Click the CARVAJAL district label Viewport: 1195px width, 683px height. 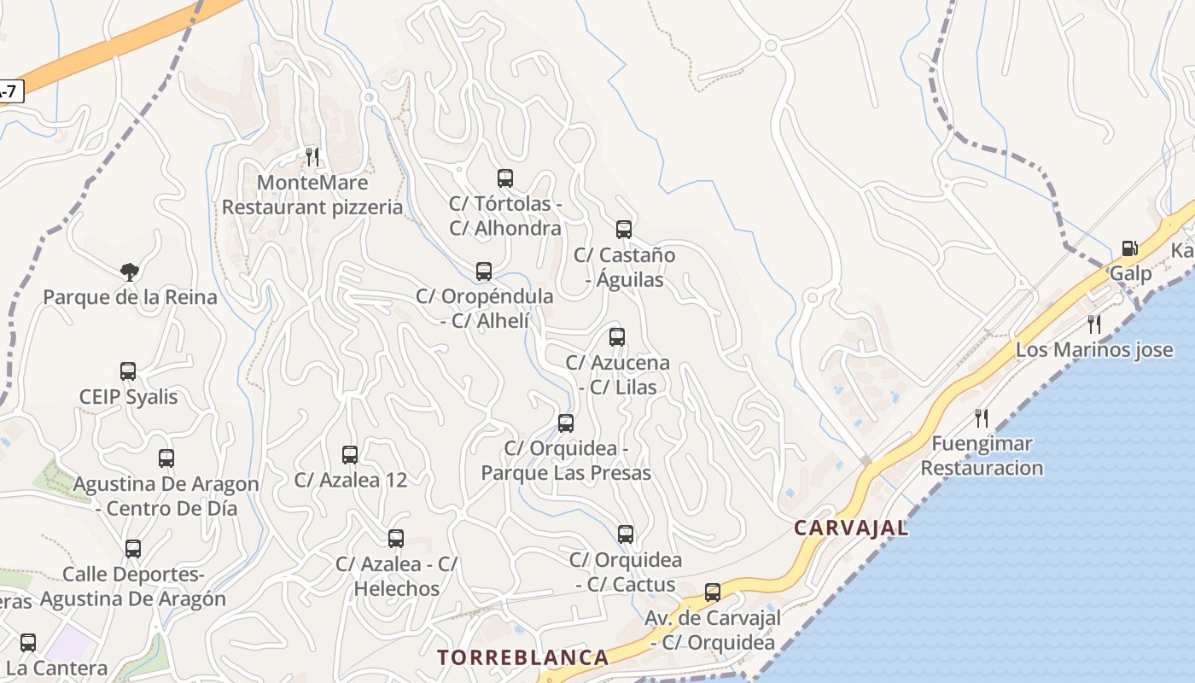pos(851,528)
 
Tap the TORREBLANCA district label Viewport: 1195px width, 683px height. pos(523,657)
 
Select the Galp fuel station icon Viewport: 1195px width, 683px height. pos(1129,248)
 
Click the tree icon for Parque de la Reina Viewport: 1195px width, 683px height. pos(130,272)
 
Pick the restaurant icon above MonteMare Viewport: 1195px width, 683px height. pos(312,156)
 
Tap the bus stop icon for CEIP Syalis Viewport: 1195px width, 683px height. pos(128,371)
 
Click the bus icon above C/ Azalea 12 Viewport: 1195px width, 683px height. pos(350,454)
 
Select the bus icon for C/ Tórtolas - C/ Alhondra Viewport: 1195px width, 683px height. pos(505,178)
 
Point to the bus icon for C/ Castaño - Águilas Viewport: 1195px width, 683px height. pos(624,229)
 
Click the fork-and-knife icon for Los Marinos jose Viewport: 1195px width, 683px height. pos(1094,324)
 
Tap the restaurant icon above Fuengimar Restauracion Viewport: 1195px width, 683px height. pos(982,417)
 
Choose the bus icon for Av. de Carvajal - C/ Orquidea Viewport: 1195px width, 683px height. pos(712,592)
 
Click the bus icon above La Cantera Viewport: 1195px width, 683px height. pos(28,642)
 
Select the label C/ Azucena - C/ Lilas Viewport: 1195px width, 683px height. pos(617,375)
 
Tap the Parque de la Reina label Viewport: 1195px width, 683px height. pos(130,297)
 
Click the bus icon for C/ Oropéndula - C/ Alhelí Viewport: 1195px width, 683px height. pos(484,271)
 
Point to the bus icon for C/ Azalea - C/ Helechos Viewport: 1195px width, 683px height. pos(396,538)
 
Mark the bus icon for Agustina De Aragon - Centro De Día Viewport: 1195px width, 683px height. pos(166,458)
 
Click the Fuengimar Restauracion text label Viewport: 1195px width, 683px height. pos(982,456)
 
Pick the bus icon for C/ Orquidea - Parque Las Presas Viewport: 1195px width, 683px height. pos(566,423)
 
